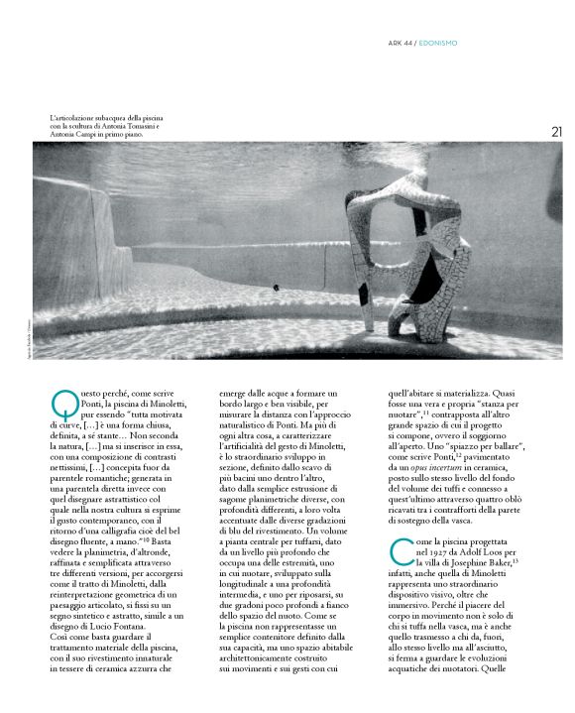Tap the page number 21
point(556,131)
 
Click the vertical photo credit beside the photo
point(26,337)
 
